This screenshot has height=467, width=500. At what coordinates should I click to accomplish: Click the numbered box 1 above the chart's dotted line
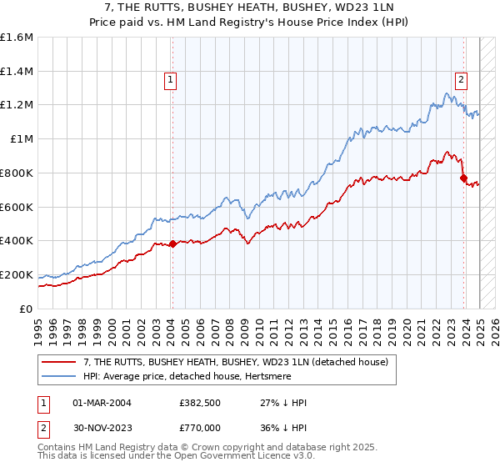(x=170, y=80)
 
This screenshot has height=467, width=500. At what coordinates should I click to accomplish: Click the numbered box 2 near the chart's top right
(x=460, y=80)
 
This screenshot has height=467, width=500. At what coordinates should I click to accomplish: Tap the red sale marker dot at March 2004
(x=172, y=244)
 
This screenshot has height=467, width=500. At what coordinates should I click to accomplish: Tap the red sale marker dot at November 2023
(x=463, y=178)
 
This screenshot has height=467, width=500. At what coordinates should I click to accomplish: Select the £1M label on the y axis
(x=21, y=139)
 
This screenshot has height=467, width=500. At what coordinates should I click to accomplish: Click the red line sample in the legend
(x=59, y=363)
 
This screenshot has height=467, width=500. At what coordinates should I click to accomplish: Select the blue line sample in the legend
(x=59, y=376)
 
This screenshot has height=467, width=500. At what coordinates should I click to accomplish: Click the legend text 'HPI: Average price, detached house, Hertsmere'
(x=193, y=376)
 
